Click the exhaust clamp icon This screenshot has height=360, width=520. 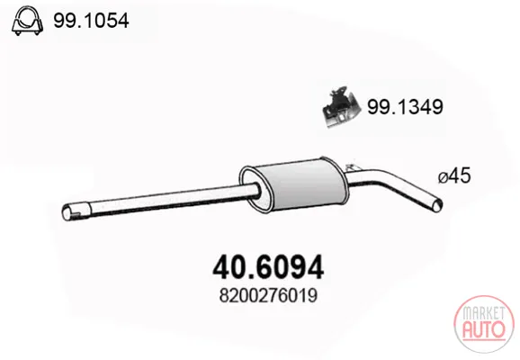click(x=27, y=21)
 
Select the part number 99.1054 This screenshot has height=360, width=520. click(x=91, y=21)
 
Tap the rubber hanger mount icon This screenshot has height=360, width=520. click(x=341, y=107)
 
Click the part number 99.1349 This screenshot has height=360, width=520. click(x=405, y=107)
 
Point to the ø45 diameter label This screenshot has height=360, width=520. click(x=454, y=175)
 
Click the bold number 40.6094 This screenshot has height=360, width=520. click(x=268, y=267)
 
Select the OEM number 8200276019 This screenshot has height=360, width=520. click(x=268, y=295)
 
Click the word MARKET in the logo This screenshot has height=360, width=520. click(x=484, y=313)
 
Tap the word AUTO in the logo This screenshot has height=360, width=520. click(x=484, y=328)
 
